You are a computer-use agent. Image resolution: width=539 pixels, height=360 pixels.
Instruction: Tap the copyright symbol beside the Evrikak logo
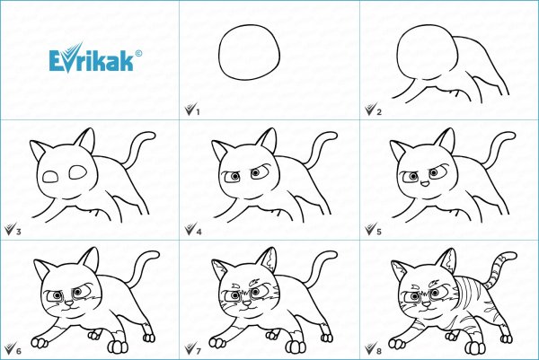coord(138,53)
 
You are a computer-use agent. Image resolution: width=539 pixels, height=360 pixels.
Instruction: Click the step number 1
coord(198,112)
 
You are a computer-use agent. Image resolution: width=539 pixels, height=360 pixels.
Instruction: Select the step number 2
coord(379,112)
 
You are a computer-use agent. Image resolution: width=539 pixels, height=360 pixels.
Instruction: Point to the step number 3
coord(19,232)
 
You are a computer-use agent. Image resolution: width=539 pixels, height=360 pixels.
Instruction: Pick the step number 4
coord(199,232)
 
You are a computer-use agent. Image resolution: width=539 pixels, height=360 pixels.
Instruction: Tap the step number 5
coord(379,232)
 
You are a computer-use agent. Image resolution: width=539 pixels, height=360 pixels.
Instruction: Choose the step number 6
coord(19,351)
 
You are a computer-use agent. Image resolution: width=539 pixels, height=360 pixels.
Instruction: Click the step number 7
coord(199,351)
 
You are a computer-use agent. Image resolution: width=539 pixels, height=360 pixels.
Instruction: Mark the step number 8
coord(379,351)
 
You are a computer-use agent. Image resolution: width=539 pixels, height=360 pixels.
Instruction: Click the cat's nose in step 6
coord(69,303)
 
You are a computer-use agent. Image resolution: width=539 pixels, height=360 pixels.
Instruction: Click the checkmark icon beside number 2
coord(370,109)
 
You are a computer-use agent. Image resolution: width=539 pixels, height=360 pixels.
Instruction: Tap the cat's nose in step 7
coord(248,303)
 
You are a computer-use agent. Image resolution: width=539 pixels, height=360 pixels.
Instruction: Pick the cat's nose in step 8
coord(426,303)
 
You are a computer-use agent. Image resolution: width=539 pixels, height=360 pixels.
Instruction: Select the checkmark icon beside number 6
coord(10,348)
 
